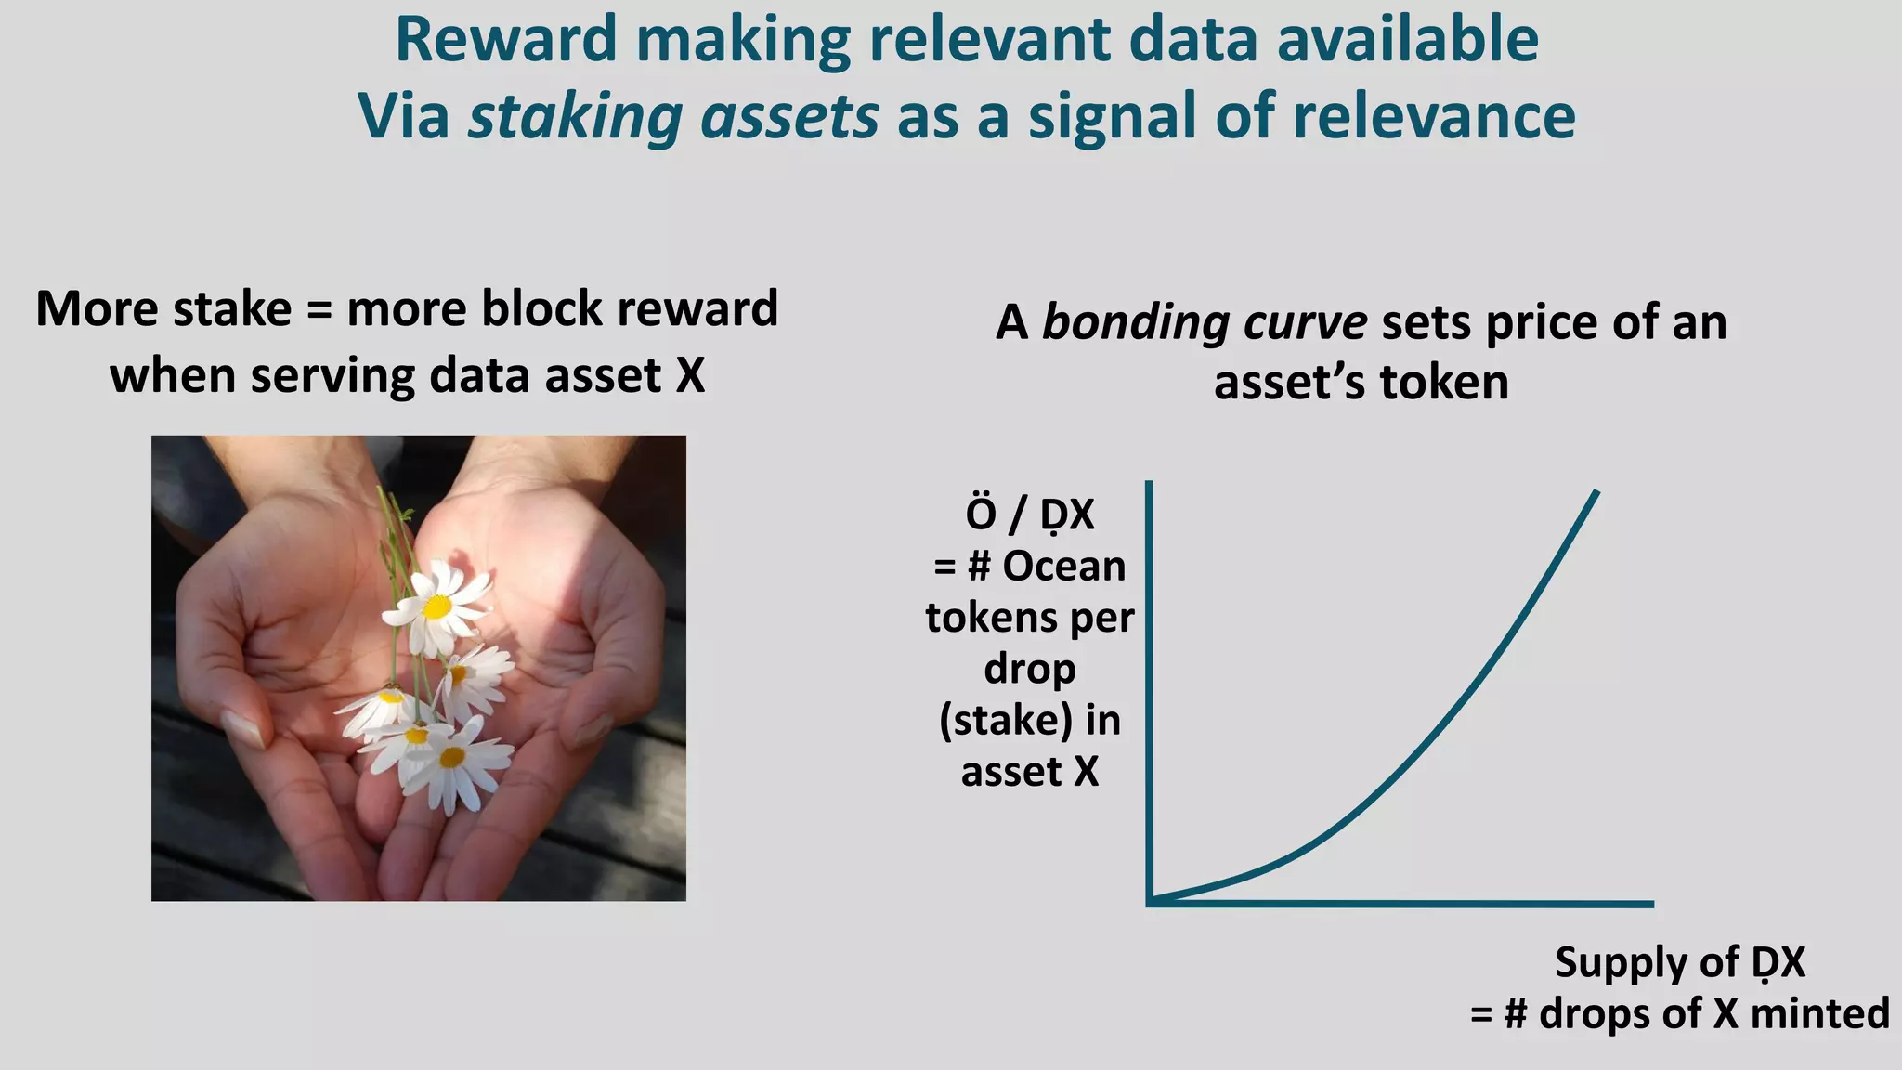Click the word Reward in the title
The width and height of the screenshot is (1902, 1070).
[x=506, y=41]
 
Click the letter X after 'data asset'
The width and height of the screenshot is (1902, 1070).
[x=690, y=376]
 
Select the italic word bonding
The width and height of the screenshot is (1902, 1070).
[x=1133, y=324]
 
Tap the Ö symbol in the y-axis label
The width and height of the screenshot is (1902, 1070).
[x=981, y=513]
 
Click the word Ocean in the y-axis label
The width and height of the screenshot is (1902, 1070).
[x=1063, y=567]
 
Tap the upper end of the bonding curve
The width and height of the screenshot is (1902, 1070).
[x=1596, y=493]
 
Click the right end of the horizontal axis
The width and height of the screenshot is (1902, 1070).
[x=1650, y=903]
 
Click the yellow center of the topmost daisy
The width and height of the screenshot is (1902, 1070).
[x=436, y=607]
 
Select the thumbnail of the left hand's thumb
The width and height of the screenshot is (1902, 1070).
[x=244, y=729]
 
